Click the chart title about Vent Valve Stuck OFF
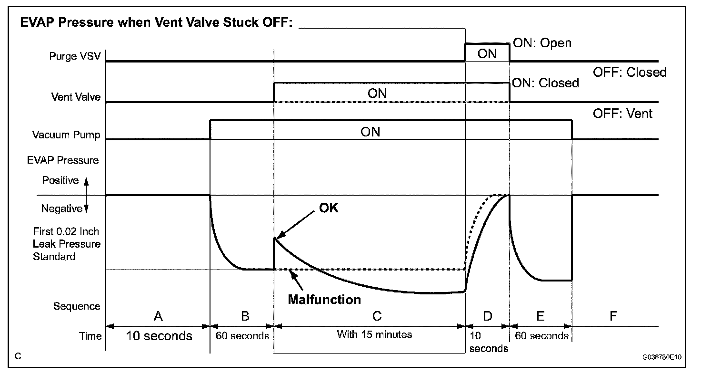(156, 24)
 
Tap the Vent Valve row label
(76, 97)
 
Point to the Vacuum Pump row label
(66, 135)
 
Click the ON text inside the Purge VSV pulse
(487, 53)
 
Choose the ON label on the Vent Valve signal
(377, 93)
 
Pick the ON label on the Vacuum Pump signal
(371, 131)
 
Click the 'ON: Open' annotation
(541, 43)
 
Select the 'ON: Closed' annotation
(545, 83)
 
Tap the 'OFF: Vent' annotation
(622, 114)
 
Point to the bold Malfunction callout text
(324, 300)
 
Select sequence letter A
(158, 315)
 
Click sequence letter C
(376, 315)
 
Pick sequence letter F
(613, 315)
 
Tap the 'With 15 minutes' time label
(374, 334)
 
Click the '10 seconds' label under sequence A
(159, 336)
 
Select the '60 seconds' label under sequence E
(542, 336)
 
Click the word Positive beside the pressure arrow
(60, 180)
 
